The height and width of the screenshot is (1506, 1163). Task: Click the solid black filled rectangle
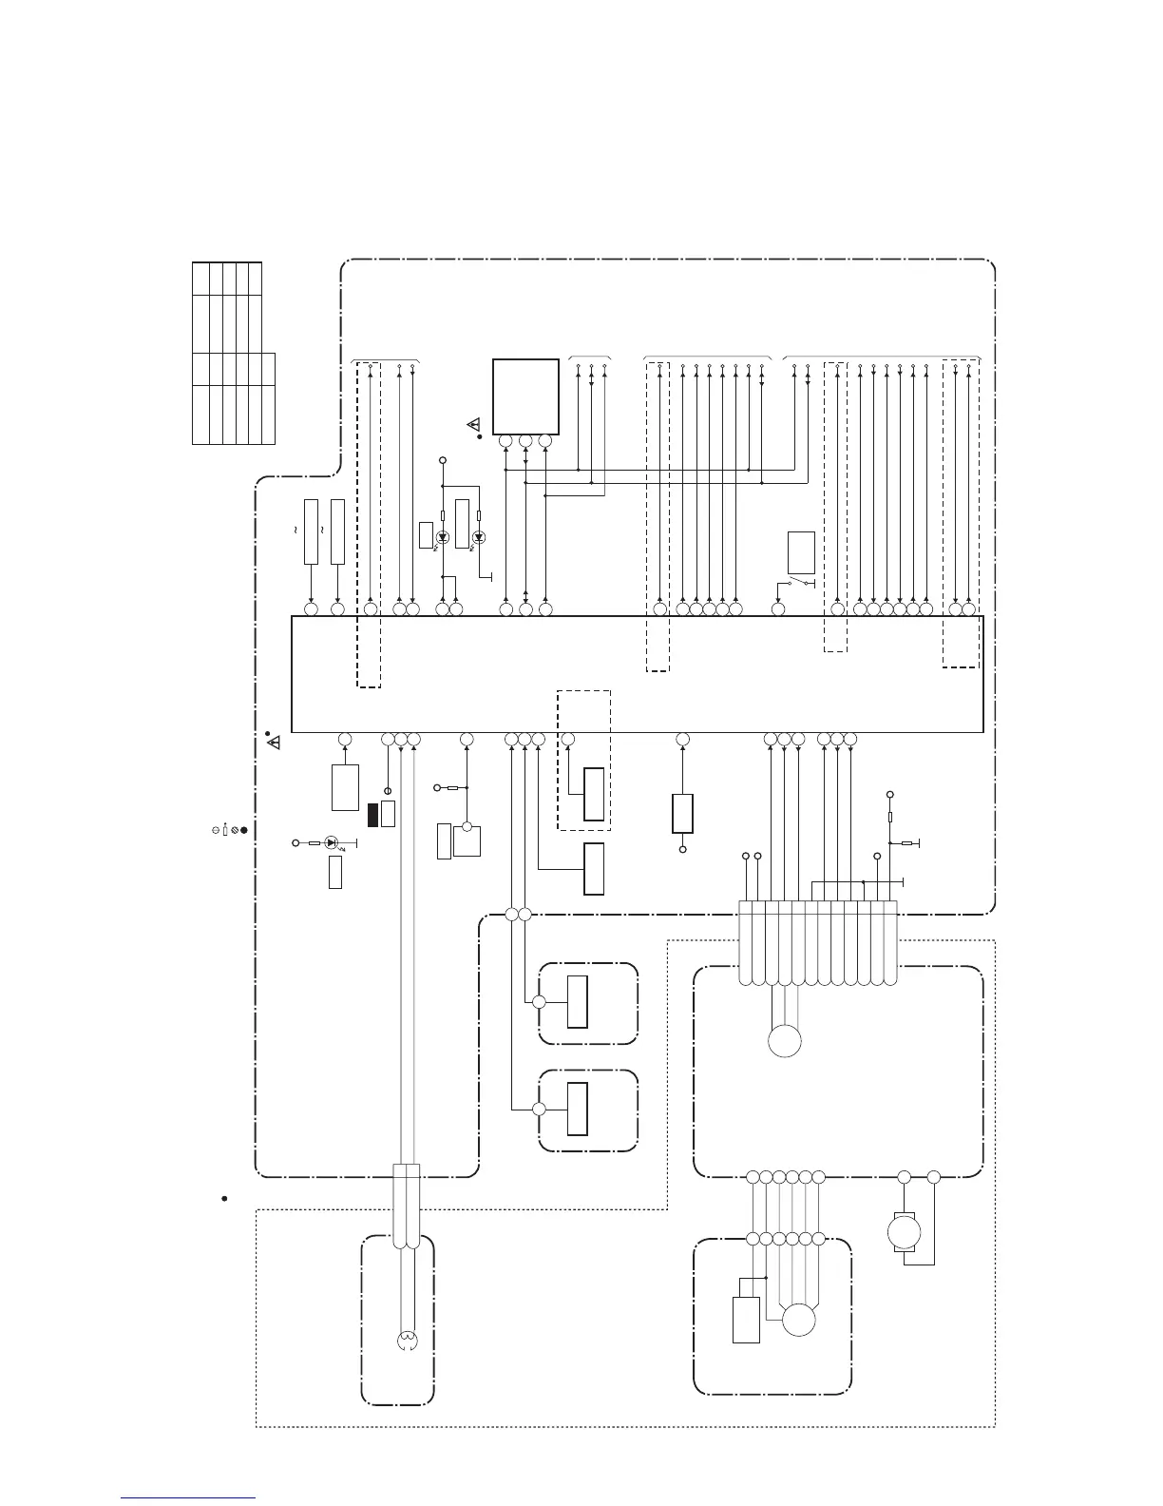tap(373, 815)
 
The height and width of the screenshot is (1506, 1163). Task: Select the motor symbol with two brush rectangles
tap(898, 1233)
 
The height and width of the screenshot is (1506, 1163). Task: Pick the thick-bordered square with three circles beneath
tap(525, 396)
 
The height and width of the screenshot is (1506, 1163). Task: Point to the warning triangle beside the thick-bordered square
tap(472, 424)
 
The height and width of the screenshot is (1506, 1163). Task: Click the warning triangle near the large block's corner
tap(275, 742)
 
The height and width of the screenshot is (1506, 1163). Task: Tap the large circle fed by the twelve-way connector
tap(785, 1041)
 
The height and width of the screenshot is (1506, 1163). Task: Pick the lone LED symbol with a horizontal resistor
tap(331, 842)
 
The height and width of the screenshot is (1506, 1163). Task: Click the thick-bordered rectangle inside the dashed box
tap(594, 793)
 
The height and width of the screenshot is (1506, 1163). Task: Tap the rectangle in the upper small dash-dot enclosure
tap(577, 1001)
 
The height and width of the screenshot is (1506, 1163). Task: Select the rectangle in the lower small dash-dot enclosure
tap(577, 1109)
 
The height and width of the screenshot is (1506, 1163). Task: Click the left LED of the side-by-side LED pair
tap(442, 538)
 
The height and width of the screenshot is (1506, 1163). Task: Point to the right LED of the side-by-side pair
tap(478, 538)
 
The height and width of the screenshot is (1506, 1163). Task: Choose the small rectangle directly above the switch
tap(801, 552)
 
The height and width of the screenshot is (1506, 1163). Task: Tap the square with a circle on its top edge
tap(467, 841)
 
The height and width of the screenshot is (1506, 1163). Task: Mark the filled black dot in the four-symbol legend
tap(244, 830)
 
